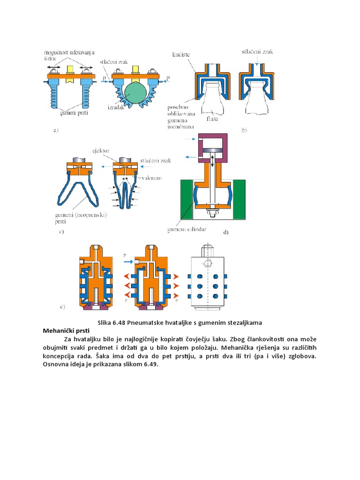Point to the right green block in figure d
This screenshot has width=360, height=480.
point(240,199)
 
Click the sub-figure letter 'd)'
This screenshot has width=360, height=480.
point(226,232)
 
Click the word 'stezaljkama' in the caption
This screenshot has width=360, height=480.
point(244,323)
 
